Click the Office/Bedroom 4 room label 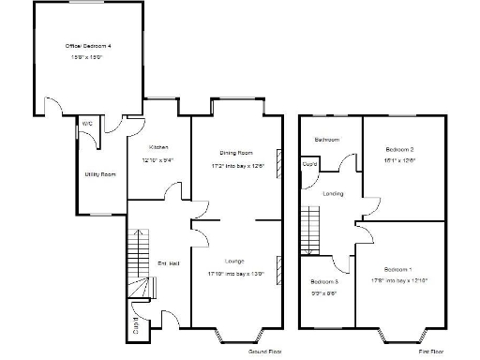[x=88, y=45]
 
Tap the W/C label [x=86, y=123]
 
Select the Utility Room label [x=98, y=174]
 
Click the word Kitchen [x=157, y=147]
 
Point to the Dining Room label [x=236, y=152]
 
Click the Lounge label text [x=236, y=259]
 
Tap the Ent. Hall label [x=168, y=262]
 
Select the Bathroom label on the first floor [x=327, y=140]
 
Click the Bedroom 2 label [x=399, y=149]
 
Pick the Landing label [x=333, y=194]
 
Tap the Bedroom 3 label [x=325, y=282]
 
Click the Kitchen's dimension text [x=157, y=159]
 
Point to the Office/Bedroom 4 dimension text [x=88, y=57]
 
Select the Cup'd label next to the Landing [x=308, y=165]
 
